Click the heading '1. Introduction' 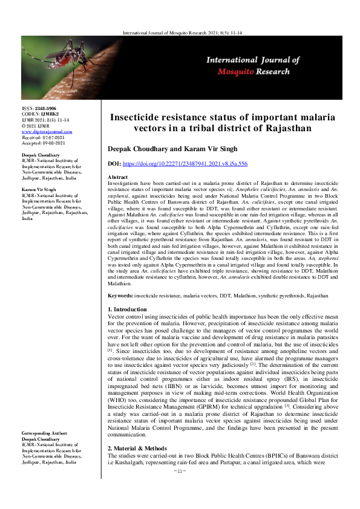coord(128,310)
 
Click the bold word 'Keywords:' coord(120,296)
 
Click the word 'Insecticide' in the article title coord(143,117)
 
